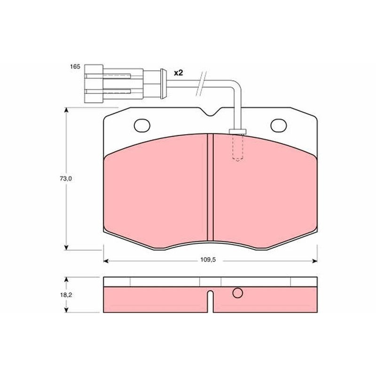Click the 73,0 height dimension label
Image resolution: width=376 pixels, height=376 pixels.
click(66, 179)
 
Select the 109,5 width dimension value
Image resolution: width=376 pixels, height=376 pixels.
click(208, 260)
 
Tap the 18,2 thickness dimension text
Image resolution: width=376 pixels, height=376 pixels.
click(66, 295)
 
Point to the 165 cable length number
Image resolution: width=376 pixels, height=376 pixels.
click(75, 67)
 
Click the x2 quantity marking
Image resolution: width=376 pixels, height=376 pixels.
click(179, 73)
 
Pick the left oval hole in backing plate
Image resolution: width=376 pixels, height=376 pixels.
click(142, 125)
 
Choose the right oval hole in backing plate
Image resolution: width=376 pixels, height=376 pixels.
click(279, 125)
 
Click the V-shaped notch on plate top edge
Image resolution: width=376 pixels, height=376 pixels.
click(210, 112)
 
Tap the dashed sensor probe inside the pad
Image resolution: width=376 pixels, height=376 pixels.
click(238, 147)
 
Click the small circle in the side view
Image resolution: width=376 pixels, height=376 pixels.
click(237, 293)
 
